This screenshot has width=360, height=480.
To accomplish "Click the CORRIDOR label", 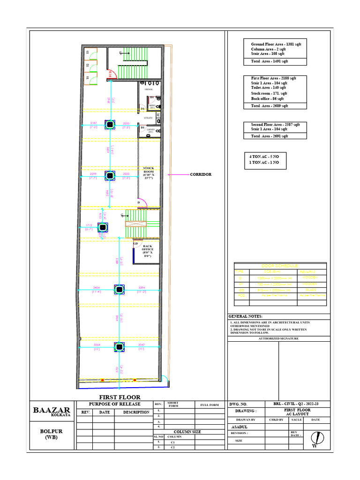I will (201, 174).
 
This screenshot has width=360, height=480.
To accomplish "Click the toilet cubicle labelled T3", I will (87, 53).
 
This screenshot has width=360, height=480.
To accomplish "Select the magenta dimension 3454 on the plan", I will (96, 287).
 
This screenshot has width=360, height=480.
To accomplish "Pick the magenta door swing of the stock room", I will (143, 202).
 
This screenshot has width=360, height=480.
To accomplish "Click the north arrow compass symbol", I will (320, 438).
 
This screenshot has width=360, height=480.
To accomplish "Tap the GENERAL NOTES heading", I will (246, 316).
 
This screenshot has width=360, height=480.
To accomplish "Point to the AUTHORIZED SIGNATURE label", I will (279, 338).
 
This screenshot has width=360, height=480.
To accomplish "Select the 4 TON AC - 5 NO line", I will (264, 156).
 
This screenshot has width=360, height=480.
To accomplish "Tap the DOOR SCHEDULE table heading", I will (279, 266).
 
